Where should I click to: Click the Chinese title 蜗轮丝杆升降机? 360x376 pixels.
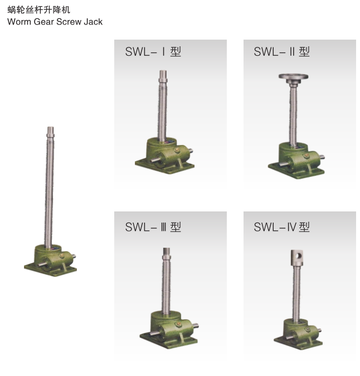point(38,10)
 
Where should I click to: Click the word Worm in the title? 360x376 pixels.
point(19,22)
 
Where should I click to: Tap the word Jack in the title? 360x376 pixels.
point(93,22)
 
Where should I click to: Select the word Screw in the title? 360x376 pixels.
point(69,22)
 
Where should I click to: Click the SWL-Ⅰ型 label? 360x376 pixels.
point(153,52)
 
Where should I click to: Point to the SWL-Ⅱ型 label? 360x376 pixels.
point(281,52)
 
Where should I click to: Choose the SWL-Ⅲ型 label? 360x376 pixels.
point(153,227)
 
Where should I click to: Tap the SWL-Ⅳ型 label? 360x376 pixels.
point(281,227)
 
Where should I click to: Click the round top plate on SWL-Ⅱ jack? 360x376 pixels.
point(294,77)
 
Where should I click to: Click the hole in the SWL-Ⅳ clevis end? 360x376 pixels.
point(299,256)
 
